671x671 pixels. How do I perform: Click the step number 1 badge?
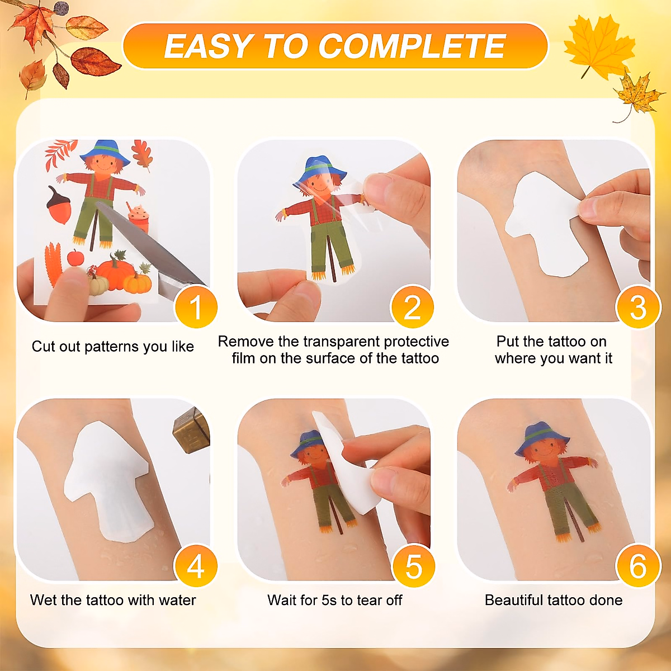(195, 307)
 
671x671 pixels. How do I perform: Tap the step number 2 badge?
(412, 307)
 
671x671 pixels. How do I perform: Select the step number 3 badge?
(637, 307)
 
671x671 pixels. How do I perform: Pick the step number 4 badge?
(195, 566)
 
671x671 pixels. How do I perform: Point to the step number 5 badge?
(413, 566)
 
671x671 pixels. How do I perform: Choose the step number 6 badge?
(637, 566)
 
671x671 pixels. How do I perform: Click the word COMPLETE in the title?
(412, 46)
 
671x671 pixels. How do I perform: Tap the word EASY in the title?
(209, 46)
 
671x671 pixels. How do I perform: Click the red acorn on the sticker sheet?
(59, 207)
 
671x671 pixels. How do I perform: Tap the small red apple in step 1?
(75, 258)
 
